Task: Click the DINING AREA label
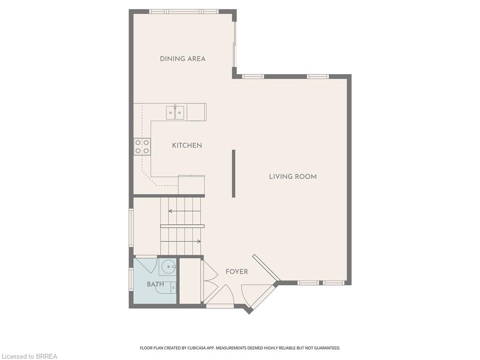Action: tap(182, 59)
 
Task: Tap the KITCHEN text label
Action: tap(187, 145)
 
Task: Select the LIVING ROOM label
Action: tap(292, 177)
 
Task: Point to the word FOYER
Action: tap(236, 271)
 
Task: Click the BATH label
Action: tap(155, 284)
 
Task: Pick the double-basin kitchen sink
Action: tap(175, 112)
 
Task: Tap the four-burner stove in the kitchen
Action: tap(142, 147)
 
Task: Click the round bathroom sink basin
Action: tap(167, 268)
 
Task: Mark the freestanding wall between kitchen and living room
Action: tap(233, 173)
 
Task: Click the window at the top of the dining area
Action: tap(184, 11)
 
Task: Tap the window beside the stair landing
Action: tap(131, 227)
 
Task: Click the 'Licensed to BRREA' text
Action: tap(29, 356)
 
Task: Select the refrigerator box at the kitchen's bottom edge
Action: tap(191, 184)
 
